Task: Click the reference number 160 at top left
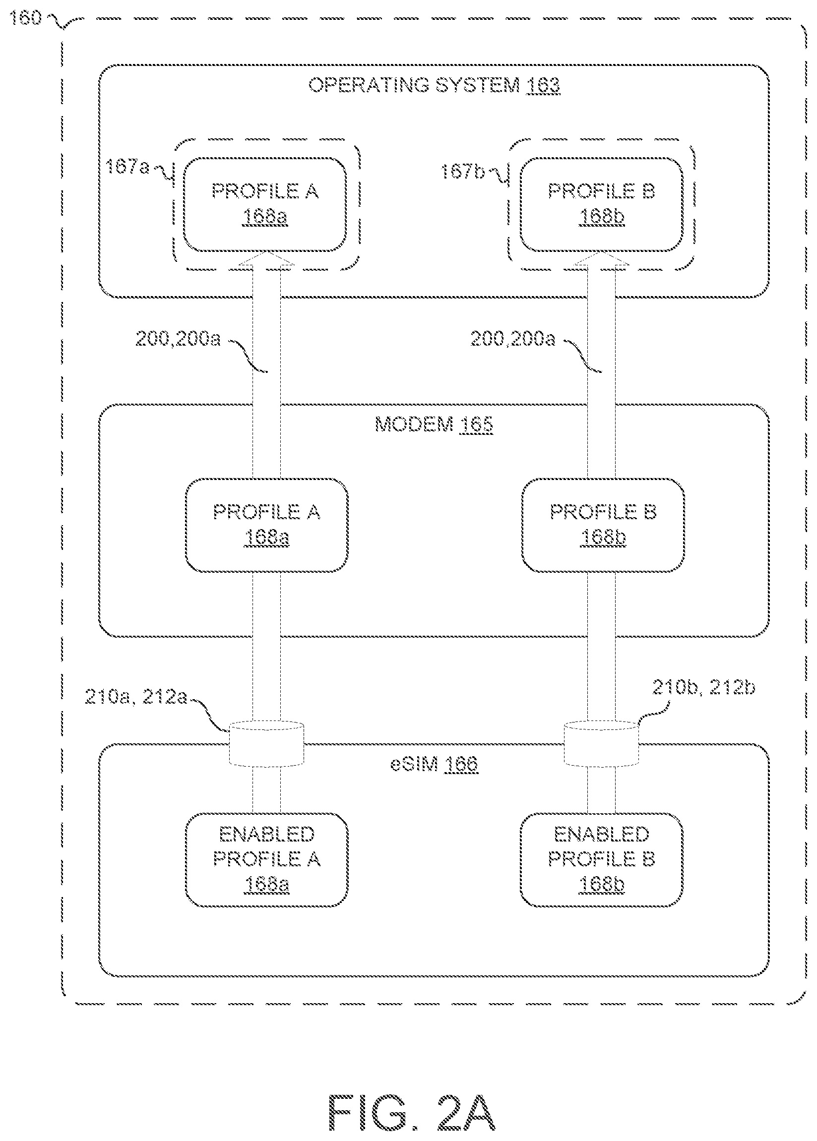pos(25,18)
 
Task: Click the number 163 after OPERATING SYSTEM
pos(543,85)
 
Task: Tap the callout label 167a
pos(128,167)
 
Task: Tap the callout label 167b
pos(462,172)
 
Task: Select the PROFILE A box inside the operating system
pos(265,204)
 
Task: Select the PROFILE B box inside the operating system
pos(601,204)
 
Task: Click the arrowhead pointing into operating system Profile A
pos(266,260)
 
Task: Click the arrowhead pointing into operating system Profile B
pos(601,260)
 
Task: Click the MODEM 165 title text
pos(434,425)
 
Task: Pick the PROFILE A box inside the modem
pos(267,525)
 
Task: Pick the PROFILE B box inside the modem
pos(603,525)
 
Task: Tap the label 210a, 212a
pos(136,697)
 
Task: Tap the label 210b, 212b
pos(703,687)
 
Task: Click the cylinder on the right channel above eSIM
pos(601,744)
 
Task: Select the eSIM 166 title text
pos(434,764)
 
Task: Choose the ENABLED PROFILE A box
pos(267,859)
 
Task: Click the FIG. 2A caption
pos(412,1112)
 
